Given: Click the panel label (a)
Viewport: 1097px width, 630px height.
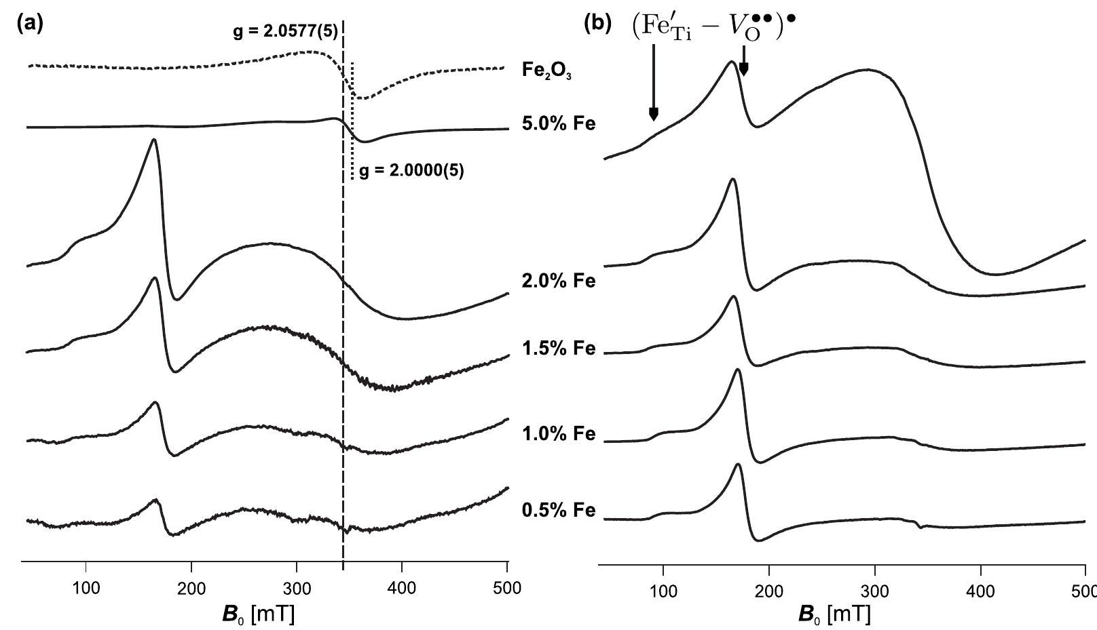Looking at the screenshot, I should point(29,24).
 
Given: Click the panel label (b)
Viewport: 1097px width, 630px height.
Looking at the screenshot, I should point(598,24).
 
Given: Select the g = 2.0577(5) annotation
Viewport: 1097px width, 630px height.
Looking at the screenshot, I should point(285,32).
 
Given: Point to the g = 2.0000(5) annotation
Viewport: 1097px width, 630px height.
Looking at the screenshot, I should point(411,171).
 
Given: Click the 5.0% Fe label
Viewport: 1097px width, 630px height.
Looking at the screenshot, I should point(558,124).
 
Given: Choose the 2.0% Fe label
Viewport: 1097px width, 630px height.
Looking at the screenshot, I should point(558,280).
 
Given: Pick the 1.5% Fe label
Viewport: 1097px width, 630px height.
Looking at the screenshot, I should point(558,348).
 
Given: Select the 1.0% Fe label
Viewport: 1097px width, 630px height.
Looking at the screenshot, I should point(558,433).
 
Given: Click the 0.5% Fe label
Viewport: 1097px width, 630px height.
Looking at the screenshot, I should point(558,510).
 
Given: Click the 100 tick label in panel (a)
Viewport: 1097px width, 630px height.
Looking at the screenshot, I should point(86,588).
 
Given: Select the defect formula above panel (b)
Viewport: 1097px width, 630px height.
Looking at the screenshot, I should point(713,28).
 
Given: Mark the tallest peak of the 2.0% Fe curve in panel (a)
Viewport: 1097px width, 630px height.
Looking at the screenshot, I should point(154,140).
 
